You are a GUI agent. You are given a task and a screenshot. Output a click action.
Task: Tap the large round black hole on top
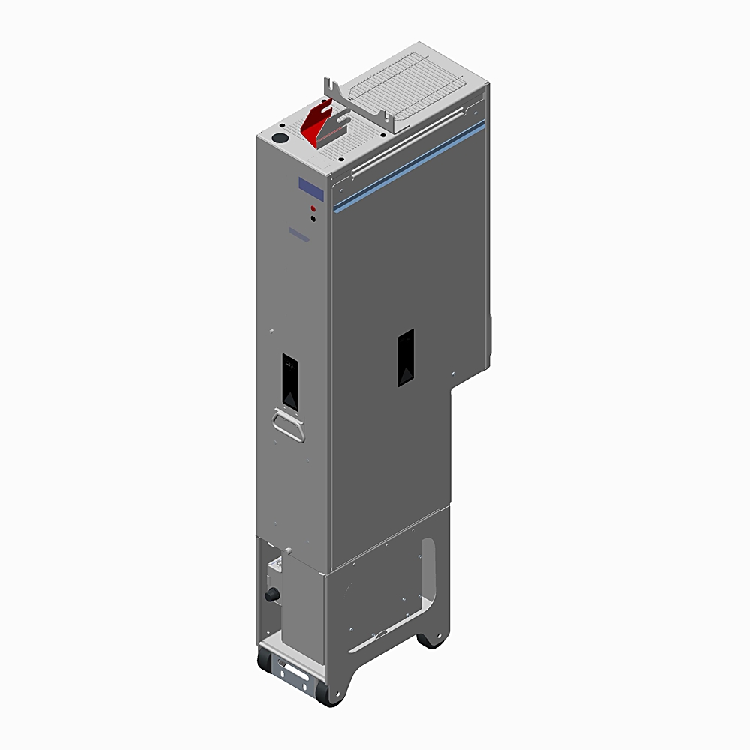point(278,139)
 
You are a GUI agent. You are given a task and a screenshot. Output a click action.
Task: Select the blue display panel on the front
point(310,188)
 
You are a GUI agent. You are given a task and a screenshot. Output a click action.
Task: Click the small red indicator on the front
point(313,208)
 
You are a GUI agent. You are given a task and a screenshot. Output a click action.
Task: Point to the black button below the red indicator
point(313,219)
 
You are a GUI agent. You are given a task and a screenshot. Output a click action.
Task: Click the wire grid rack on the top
point(416,86)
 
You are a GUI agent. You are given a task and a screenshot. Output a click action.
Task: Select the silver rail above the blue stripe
point(405,153)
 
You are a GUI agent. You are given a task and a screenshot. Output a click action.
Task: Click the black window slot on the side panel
point(406,358)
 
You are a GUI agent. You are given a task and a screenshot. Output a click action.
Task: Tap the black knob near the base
point(271,595)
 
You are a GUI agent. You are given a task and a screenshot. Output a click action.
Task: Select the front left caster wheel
point(265,660)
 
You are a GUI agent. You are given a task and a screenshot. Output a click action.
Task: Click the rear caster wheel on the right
point(430,639)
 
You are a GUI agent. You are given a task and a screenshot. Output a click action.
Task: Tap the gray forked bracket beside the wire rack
point(360,105)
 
